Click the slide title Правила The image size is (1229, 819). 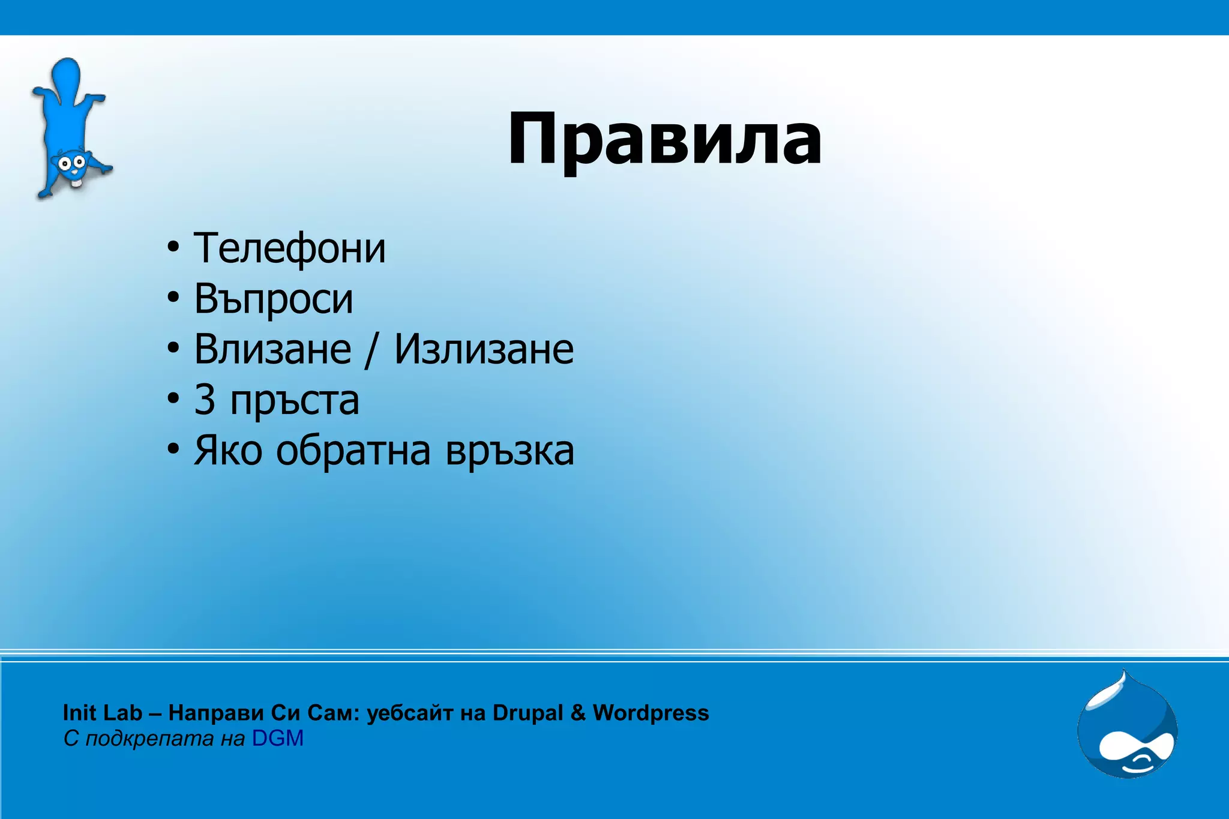(665, 140)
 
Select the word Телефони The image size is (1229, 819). (289, 248)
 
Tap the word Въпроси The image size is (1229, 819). (274, 299)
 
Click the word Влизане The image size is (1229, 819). (272, 349)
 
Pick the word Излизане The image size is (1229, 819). (484, 349)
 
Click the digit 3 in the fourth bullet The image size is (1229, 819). (205, 400)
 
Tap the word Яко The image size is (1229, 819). (228, 451)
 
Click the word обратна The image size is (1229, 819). (353, 451)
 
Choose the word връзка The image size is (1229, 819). (509, 451)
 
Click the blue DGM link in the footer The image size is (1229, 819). (278, 738)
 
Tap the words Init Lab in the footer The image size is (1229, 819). (102, 713)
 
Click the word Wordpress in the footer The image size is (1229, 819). (651, 713)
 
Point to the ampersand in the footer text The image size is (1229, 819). (577, 713)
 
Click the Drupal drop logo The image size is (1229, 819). (1128, 727)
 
